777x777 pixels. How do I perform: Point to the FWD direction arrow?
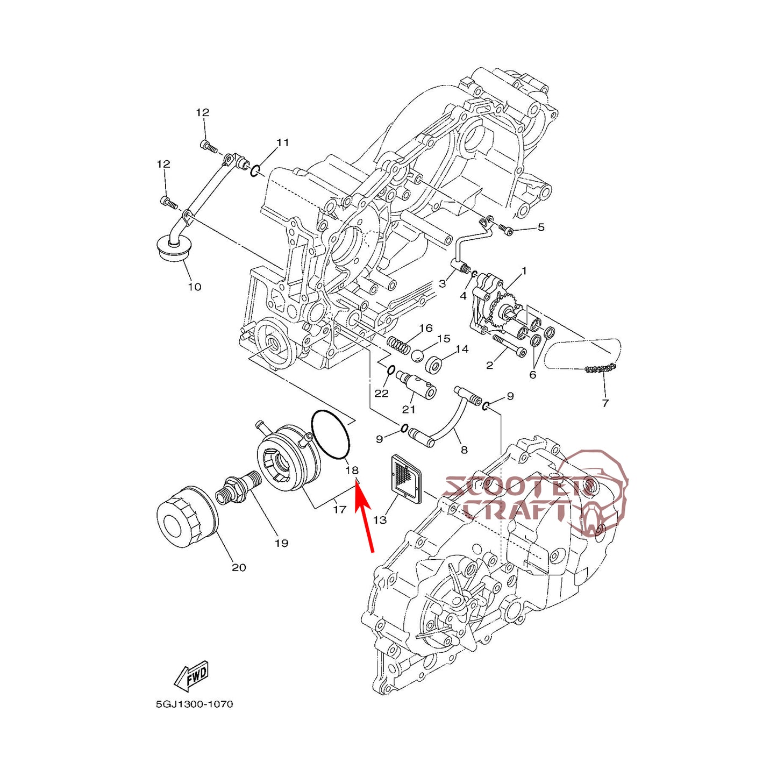[192, 675]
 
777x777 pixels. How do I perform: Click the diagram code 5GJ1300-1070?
[195, 704]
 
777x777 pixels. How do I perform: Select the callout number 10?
[195, 287]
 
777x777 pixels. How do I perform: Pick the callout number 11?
[283, 142]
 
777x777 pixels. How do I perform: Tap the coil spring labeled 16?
[399, 344]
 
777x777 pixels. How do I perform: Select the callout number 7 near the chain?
[605, 403]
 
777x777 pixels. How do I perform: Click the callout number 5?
[541, 227]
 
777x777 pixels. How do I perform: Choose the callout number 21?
[409, 409]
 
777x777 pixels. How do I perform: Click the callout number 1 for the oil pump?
[524, 271]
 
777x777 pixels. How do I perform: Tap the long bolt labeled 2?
[507, 345]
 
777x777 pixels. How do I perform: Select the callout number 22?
[381, 393]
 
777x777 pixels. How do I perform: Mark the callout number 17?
[339, 509]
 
